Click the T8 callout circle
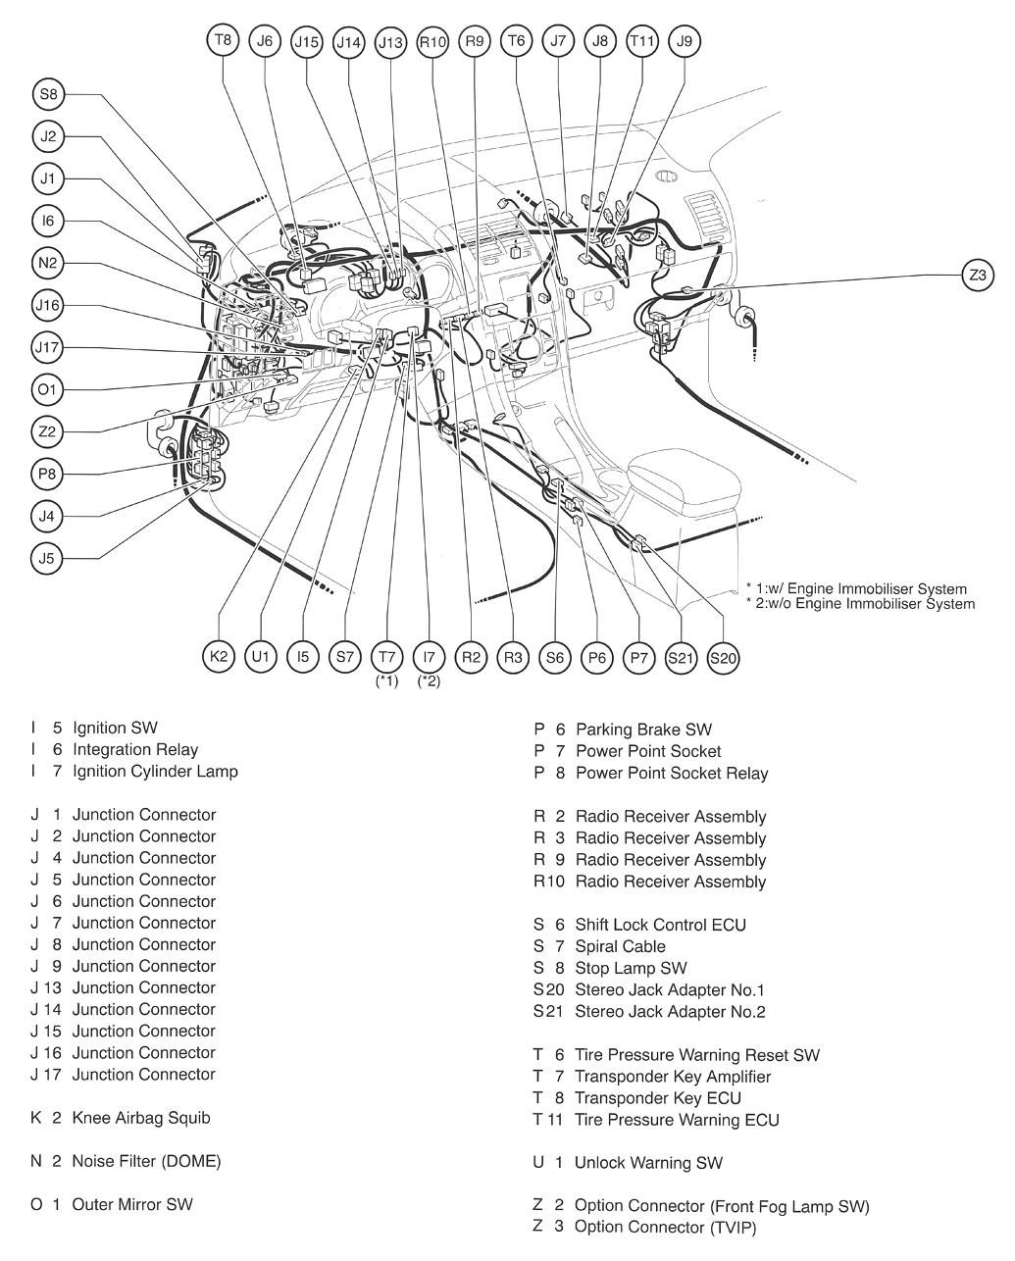click(223, 41)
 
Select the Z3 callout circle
click(977, 275)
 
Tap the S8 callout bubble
click(47, 95)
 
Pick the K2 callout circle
click(219, 657)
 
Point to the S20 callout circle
click(722, 658)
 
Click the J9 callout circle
click(684, 41)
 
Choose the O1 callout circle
click(47, 390)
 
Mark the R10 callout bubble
click(432, 41)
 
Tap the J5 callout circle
click(47, 559)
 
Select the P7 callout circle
click(638, 657)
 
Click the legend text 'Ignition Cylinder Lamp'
click(155, 772)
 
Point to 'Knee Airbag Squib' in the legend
click(141, 1118)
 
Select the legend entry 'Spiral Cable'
click(620, 946)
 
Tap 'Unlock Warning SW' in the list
click(648, 1163)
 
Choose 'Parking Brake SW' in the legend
click(643, 730)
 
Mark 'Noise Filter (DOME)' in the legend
click(146, 1161)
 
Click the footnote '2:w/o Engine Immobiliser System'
click(865, 604)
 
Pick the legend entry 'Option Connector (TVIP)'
click(666, 1228)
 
